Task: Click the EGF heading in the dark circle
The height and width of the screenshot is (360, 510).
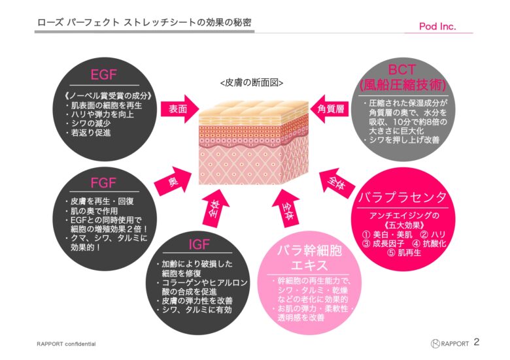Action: coord(103,75)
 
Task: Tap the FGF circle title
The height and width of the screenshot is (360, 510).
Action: coord(103,183)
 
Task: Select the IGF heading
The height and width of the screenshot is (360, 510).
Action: coord(199,244)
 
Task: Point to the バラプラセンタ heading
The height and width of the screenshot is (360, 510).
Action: coord(402,197)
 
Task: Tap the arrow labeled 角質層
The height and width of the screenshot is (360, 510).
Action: coord(329,109)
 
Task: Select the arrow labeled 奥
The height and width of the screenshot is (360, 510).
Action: coord(173,181)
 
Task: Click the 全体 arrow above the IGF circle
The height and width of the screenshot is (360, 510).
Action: coord(215,208)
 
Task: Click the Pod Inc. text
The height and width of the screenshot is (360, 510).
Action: coord(437,26)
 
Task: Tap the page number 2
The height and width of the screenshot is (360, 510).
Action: coord(477,342)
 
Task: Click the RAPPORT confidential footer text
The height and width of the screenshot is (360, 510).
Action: coord(66,344)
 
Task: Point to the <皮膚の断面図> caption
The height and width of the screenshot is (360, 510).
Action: coord(252,83)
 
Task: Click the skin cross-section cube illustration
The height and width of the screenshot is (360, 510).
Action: coord(254,142)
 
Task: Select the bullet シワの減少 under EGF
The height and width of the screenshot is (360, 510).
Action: coord(88,123)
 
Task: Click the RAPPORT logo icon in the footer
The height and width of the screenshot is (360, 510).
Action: coord(435,344)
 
